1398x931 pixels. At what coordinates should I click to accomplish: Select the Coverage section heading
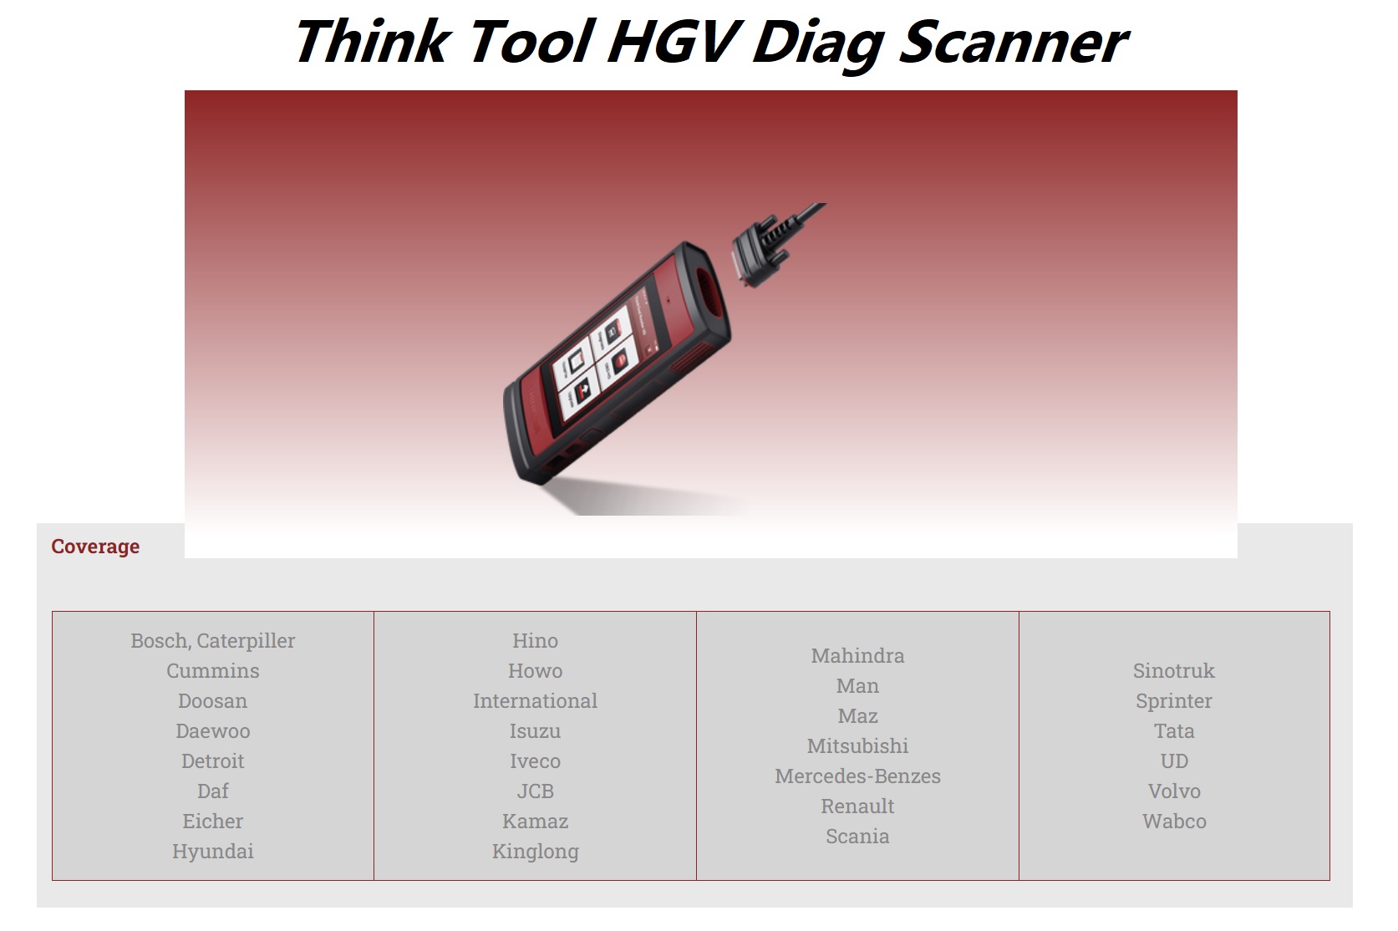pyautogui.click(x=95, y=547)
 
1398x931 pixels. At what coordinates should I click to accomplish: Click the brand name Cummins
pyautogui.click(x=212, y=671)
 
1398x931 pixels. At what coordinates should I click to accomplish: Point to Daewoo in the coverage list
pyautogui.click(x=212, y=731)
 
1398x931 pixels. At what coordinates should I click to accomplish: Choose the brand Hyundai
pyautogui.click(x=212, y=852)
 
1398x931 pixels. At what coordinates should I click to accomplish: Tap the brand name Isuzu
pyautogui.click(x=535, y=731)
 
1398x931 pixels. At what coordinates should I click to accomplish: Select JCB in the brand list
pyautogui.click(x=535, y=791)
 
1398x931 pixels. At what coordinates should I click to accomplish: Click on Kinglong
pyautogui.click(x=535, y=852)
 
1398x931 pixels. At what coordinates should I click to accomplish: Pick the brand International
pyautogui.click(x=535, y=701)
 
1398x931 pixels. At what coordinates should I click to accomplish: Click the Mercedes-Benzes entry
pyautogui.click(x=857, y=776)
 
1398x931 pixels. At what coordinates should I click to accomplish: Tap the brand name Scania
pyautogui.click(x=857, y=837)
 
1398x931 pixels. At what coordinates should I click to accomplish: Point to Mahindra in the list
pyautogui.click(x=857, y=656)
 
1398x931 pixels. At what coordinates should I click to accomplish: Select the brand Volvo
pyautogui.click(x=1173, y=791)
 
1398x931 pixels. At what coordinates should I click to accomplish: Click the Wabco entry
pyautogui.click(x=1173, y=822)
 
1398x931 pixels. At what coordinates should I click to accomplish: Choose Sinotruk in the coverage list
pyautogui.click(x=1173, y=671)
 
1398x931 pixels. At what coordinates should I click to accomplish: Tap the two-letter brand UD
pyautogui.click(x=1173, y=761)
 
